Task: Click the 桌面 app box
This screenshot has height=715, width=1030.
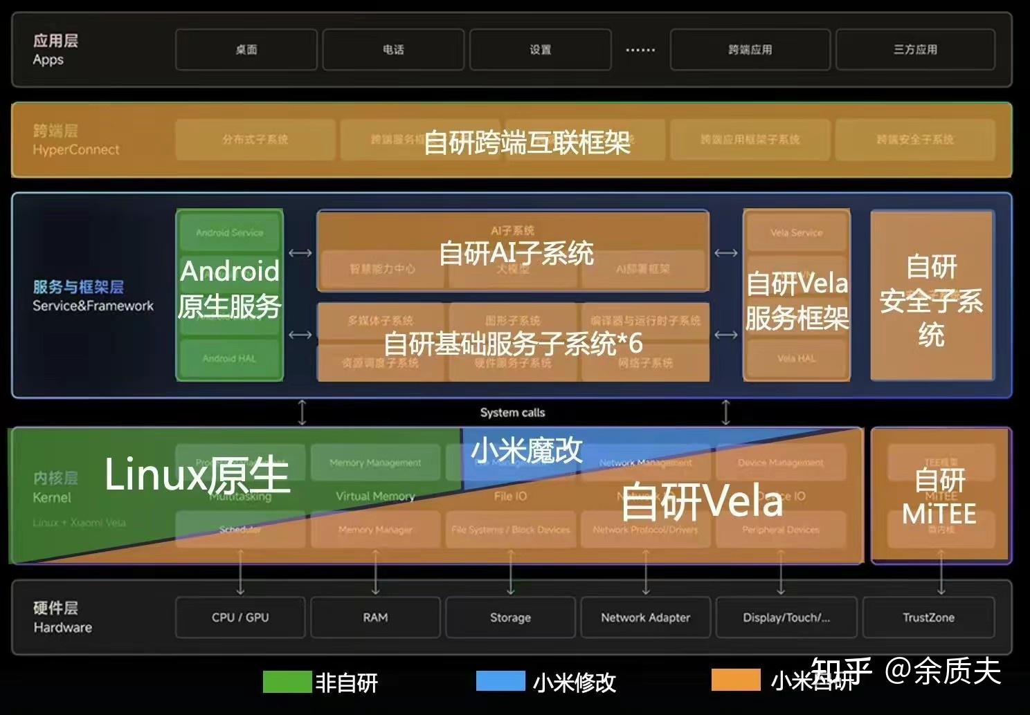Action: [x=246, y=50]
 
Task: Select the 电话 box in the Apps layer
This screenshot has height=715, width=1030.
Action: [x=393, y=50]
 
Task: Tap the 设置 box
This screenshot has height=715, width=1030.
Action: [x=541, y=50]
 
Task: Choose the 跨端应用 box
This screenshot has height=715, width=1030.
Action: [x=750, y=50]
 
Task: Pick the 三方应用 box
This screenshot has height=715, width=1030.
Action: [x=915, y=50]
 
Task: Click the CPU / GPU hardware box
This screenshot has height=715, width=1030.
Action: [x=240, y=617]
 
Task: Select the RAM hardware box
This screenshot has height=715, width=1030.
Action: [x=375, y=617]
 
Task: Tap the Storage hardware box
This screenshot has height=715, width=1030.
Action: [x=510, y=617]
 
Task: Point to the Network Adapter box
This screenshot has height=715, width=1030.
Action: [x=645, y=617]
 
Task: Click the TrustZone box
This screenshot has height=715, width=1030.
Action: [x=928, y=617]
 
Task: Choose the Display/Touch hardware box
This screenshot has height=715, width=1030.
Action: [x=786, y=617]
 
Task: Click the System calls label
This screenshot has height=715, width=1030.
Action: [x=512, y=413]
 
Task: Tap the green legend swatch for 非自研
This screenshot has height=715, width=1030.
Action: [x=287, y=681]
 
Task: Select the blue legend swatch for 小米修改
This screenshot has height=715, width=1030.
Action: [x=500, y=681]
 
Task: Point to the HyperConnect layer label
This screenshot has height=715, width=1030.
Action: [x=75, y=149]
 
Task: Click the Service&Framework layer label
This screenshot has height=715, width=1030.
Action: [x=93, y=306]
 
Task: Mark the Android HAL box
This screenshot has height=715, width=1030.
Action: [x=229, y=358]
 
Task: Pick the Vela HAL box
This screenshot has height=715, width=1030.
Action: [x=796, y=358]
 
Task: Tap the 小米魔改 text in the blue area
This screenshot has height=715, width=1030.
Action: [x=527, y=451]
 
